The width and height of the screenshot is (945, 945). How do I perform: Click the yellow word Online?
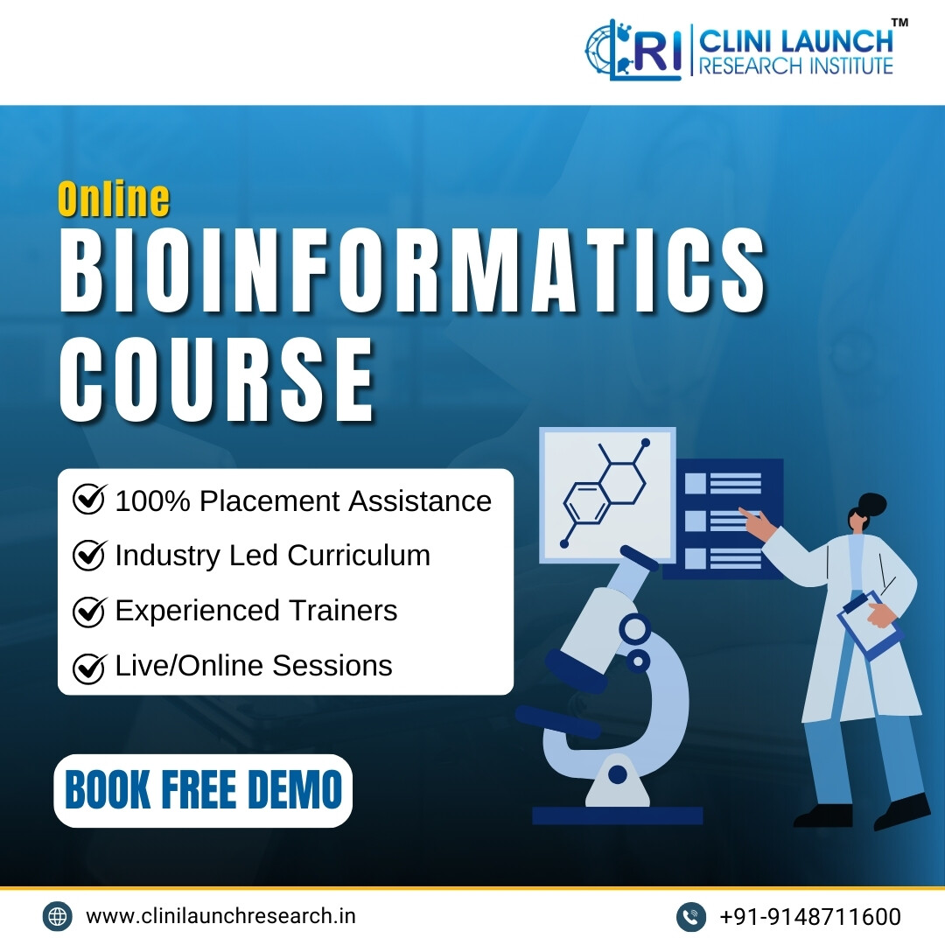pos(113,199)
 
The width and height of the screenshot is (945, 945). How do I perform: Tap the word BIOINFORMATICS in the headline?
pos(413,270)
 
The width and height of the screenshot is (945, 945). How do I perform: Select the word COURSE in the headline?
pos(217,379)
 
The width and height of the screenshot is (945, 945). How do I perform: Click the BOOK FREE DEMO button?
pos(203,790)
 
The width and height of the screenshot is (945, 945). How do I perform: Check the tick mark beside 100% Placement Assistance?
pos(89,499)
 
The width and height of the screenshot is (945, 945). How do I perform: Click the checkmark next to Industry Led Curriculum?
pos(89,555)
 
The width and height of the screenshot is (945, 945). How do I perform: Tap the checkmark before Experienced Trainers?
pos(89,611)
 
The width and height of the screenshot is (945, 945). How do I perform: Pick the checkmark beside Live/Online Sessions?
pos(89,667)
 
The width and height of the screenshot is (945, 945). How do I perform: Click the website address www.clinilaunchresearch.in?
pos(220,916)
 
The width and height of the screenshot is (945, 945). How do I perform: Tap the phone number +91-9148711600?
pos(810,917)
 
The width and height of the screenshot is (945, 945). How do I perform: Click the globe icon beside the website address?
pos(57,916)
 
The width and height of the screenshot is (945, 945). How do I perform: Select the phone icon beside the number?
pos(691,917)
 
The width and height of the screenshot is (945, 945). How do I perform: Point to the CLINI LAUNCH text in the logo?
pos(796,41)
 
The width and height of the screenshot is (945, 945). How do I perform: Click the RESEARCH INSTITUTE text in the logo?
pos(795,66)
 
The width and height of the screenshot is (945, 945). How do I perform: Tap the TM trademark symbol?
pos(899,22)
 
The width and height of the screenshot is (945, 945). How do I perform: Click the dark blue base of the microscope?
pos(617,815)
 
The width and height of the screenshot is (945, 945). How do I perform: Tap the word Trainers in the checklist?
pos(344,611)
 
